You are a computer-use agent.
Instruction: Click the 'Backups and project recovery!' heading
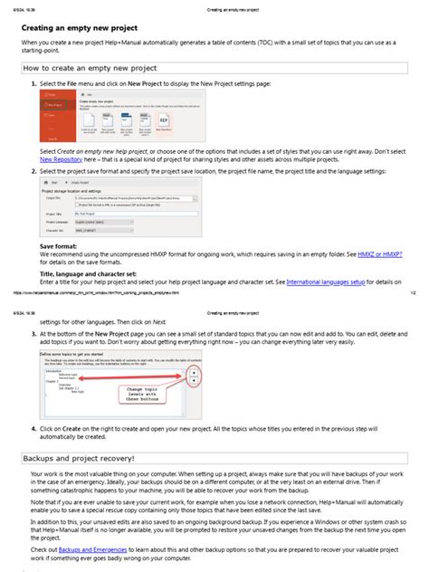pos(78,459)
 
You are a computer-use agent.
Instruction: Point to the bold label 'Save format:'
pos(59,246)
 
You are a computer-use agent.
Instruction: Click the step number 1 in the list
pos(33,83)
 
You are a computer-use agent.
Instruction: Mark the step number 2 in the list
pos(33,171)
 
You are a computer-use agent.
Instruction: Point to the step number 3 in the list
pos(33,333)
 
